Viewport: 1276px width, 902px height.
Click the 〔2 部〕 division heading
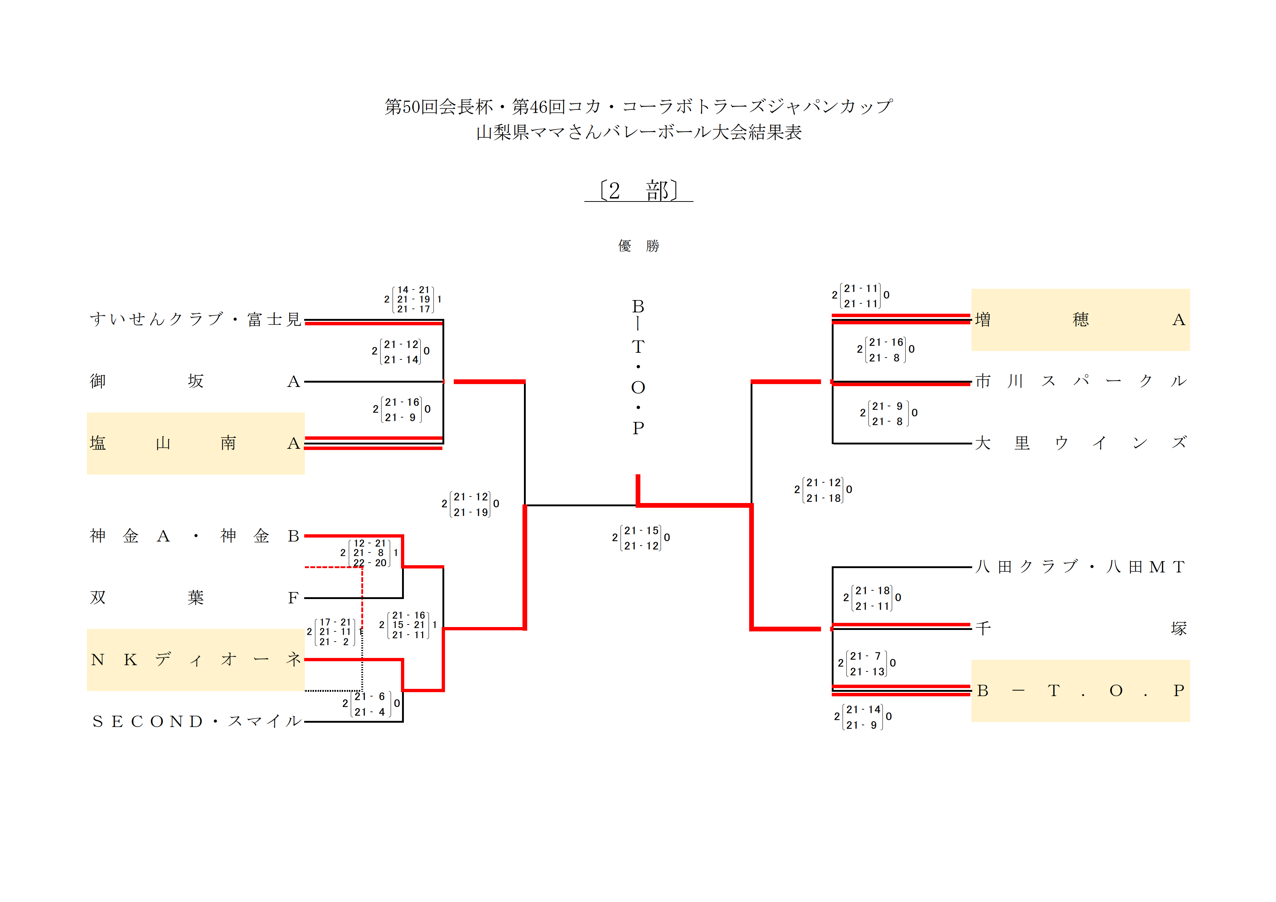coord(639,191)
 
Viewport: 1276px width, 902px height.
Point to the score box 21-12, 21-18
coord(823,490)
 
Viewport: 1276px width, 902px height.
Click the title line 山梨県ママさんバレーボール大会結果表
coord(639,132)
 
